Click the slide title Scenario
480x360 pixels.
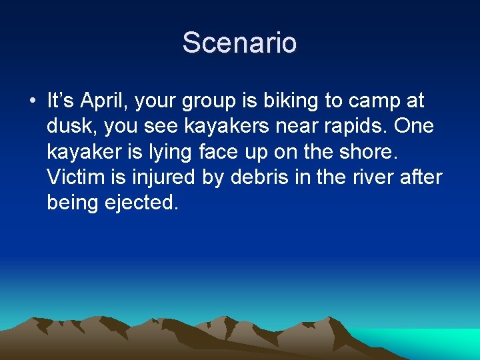tap(239, 43)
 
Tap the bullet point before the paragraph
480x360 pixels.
tap(32, 102)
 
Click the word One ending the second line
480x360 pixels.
tap(414, 127)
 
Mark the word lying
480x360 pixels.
tap(155, 152)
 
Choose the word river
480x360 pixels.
tap(372, 177)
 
